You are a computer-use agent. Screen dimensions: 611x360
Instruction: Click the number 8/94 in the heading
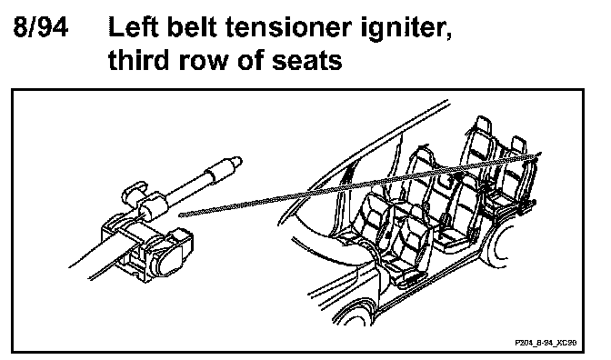pyautogui.click(x=41, y=27)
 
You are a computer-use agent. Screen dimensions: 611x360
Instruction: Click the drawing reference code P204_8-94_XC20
pyautogui.click(x=546, y=343)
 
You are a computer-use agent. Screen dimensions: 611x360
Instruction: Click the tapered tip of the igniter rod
pyautogui.click(x=236, y=161)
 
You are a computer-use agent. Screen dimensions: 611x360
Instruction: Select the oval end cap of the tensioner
pyautogui.click(x=169, y=261)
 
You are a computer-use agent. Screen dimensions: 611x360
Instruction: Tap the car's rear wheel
pyautogui.click(x=496, y=245)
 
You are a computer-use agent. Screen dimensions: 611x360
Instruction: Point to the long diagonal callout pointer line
pyautogui.click(x=359, y=185)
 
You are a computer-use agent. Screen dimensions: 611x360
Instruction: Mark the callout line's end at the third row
pyautogui.click(x=538, y=155)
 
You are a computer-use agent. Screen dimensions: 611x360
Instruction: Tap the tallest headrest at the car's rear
pyautogui.click(x=482, y=125)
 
